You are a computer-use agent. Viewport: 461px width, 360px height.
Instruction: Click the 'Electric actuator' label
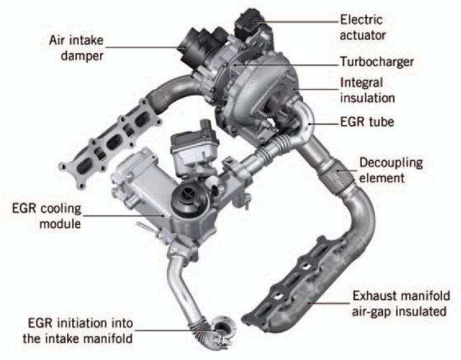pyautogui.click(x=363, y=28)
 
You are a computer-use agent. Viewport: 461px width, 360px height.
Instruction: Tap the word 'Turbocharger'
pyautogui.click(x=377, y=62)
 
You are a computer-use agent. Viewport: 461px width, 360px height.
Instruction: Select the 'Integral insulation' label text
pyautogui.click(x=367, y=90)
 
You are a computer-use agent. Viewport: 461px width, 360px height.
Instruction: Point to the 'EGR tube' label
pyautogui.click(x=367, y=122)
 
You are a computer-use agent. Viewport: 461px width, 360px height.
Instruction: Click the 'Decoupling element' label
pyautogui.click(x=391, y=170)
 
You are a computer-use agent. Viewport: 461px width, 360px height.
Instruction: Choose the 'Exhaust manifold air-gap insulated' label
pyautogui.click(x=401, y=304)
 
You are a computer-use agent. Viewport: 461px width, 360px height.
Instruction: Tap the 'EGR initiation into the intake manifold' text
pyautogui.click(x=78, y=331)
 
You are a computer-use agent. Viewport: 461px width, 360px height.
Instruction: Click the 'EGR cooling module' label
pyautogui.click(x=46, y=216)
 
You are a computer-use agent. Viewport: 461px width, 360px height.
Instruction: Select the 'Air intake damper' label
pyautogui.click(x=77, y=48)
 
